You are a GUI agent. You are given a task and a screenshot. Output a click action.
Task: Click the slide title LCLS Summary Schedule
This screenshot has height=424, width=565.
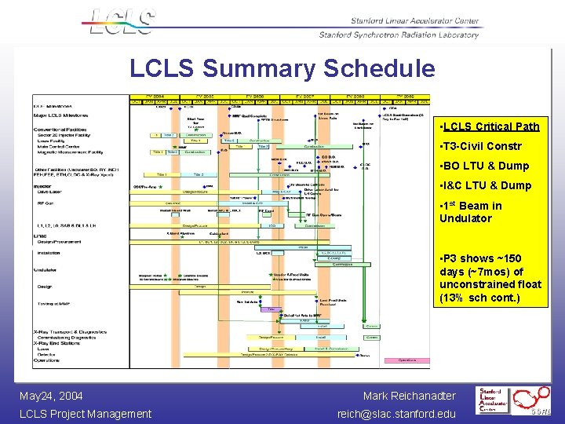point(282,68)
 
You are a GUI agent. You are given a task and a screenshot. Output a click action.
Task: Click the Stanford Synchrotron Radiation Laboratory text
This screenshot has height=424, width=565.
point(399,35)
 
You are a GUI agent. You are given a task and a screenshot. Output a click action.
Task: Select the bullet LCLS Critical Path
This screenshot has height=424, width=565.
point(490,126)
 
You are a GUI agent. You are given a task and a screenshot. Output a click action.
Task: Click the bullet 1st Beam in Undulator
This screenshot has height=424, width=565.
point(471,212)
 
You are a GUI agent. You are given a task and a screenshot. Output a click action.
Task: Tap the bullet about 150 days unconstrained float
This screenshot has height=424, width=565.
point(490,277)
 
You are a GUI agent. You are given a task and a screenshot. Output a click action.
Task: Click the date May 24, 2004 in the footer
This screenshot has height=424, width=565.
point(51,396)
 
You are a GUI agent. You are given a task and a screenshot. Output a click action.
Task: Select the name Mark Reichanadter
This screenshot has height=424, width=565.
point(409,396)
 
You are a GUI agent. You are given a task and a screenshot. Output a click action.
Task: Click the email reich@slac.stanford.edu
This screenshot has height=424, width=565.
point(396,414)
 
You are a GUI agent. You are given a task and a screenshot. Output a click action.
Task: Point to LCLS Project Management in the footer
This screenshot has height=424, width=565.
point(86,414)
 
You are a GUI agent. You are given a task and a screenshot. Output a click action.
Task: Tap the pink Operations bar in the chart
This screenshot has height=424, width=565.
point(407,360)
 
